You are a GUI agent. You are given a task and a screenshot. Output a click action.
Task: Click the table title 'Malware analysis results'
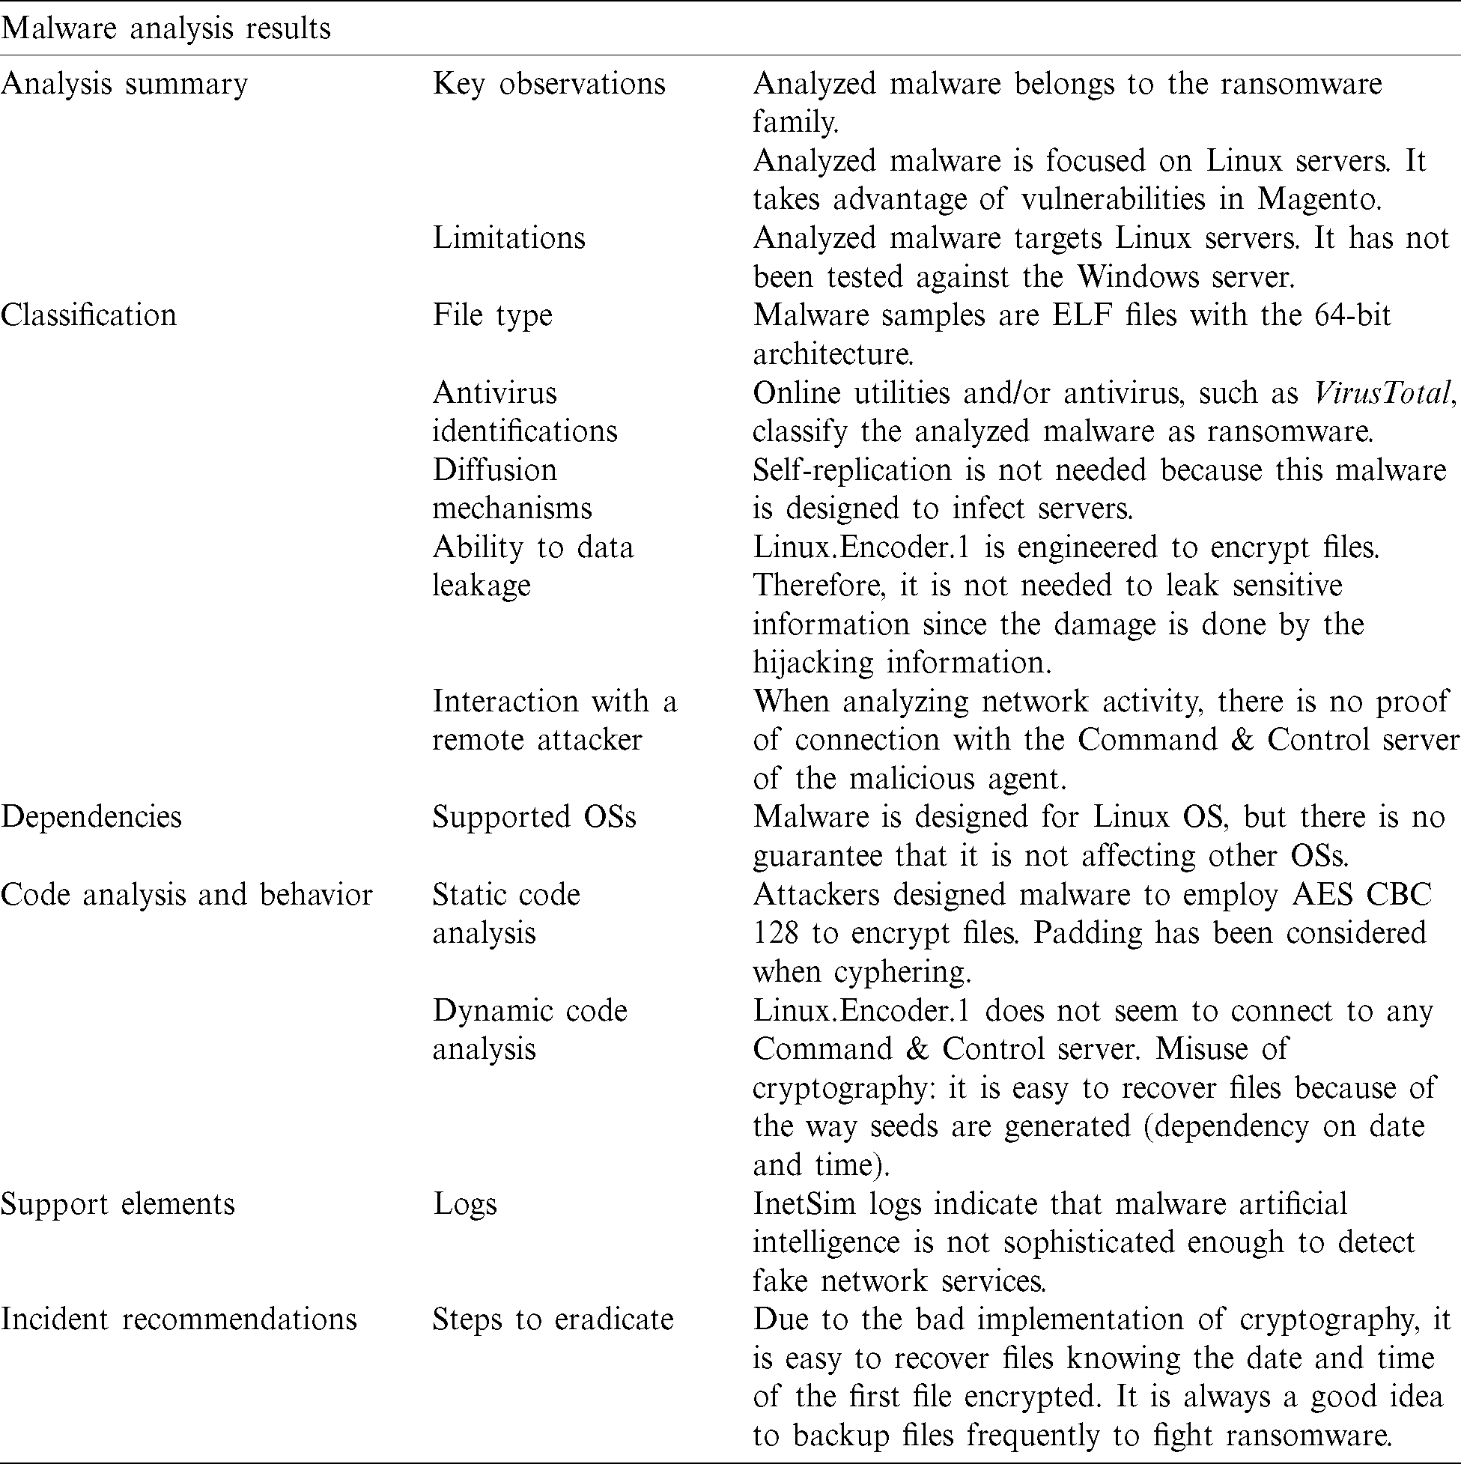pyautogui.click(x=166, y=28)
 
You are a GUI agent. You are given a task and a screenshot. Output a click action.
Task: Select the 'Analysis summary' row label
pyautogui.click(x=124, y=83)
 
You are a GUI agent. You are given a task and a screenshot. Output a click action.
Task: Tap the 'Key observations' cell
pyautogui.click(x=549, y=83)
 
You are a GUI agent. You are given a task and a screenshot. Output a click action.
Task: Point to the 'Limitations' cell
pyautogui.click(x=508, y=238)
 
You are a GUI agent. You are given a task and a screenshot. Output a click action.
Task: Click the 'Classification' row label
pyautogui.click(x=88, y=315)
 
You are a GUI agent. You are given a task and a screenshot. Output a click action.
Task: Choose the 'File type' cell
pyautogui.click(x=493, y=315)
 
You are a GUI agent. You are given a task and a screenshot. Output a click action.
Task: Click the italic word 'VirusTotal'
pyautogui.click(x=1383, y=392)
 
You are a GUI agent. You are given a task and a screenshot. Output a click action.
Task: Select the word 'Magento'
pyautogui.click(x=1319, y=198)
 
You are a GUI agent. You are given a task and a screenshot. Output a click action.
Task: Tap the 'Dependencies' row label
pyautogui.click(x=91, y=817)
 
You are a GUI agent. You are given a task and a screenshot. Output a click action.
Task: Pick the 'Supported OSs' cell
pyautogui.click(x=534, y=817)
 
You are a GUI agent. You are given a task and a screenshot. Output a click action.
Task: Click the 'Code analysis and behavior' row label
pyautogui.click(x=186, y=894)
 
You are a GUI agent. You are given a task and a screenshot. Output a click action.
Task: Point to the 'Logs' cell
pyautogui.click(x=464, y=1203)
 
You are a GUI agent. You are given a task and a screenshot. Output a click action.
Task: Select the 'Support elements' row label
pyautogui.click(x=118, y=1203)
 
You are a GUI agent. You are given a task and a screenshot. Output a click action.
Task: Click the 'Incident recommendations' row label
pyautogui.click(x=178, y=1319)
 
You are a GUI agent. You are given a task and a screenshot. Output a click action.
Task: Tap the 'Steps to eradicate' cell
pyautogui.click(x=553, y=1319)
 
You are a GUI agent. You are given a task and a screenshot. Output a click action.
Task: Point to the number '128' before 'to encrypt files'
pyautogui.click(x=775, y=933)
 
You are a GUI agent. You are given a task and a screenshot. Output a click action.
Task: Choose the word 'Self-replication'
pyautogui.click(x=851, y=470)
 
